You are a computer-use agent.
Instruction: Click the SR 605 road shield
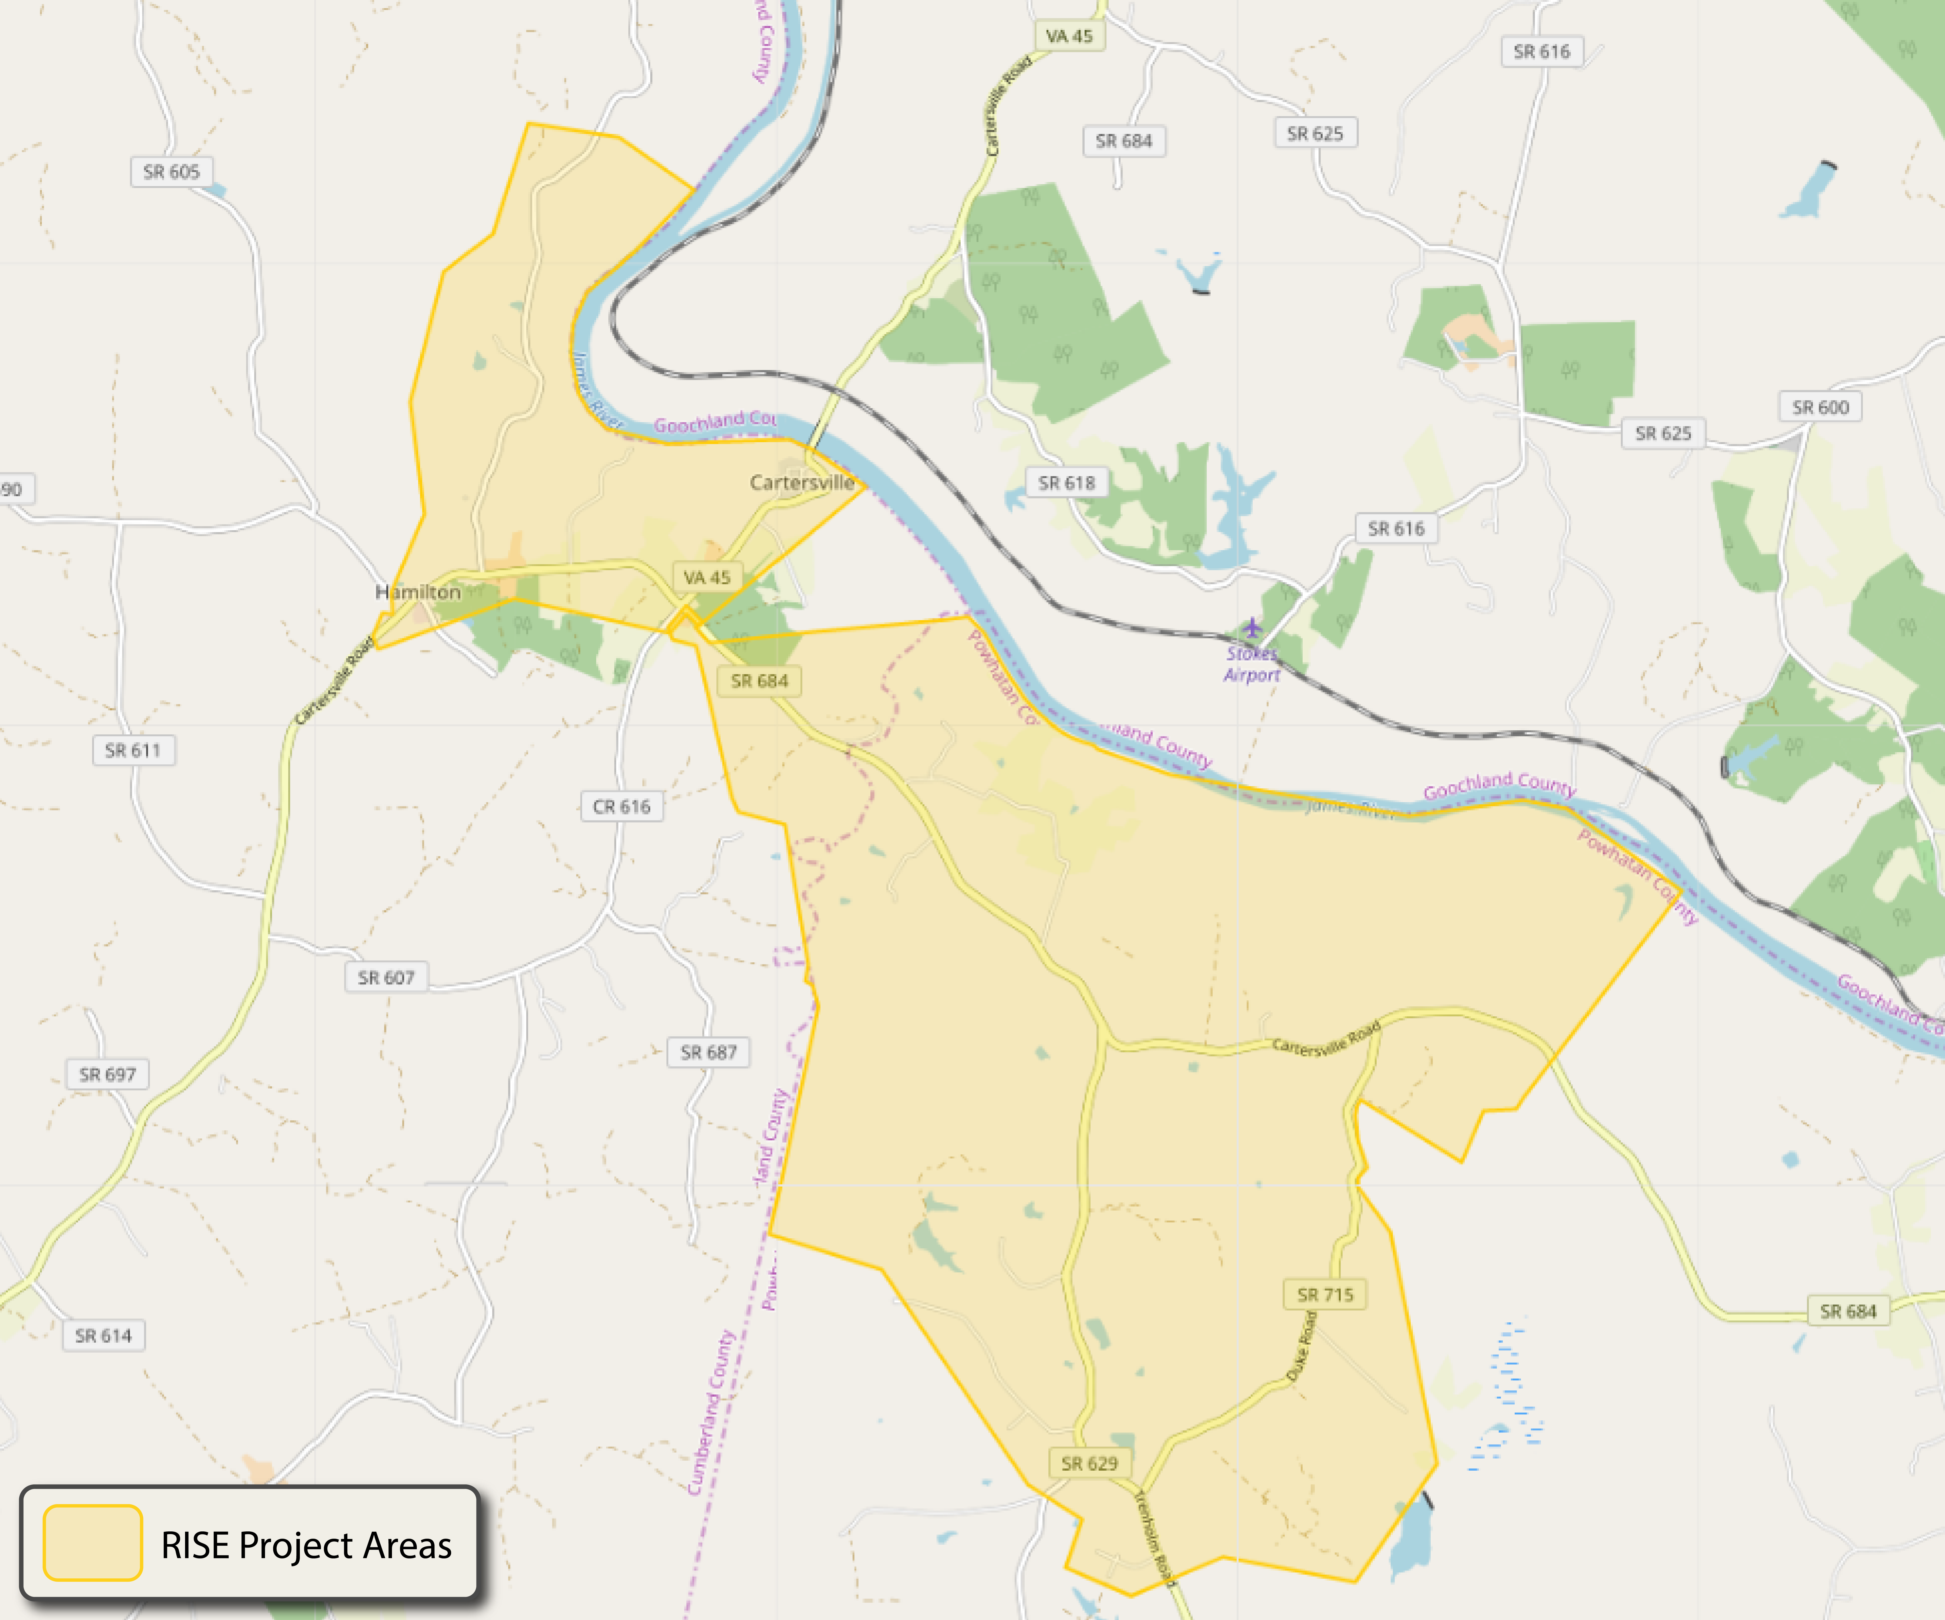171,171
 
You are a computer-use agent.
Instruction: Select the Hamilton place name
418,592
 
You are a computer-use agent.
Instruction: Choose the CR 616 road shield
622,807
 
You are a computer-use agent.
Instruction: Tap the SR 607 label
386,977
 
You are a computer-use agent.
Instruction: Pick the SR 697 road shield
108,1074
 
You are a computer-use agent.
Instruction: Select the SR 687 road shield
709,1052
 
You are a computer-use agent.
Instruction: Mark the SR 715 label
1324,1295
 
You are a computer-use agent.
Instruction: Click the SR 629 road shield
1089,1463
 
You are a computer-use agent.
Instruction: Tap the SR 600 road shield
1820,408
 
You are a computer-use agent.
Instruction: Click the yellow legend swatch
93,1543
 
